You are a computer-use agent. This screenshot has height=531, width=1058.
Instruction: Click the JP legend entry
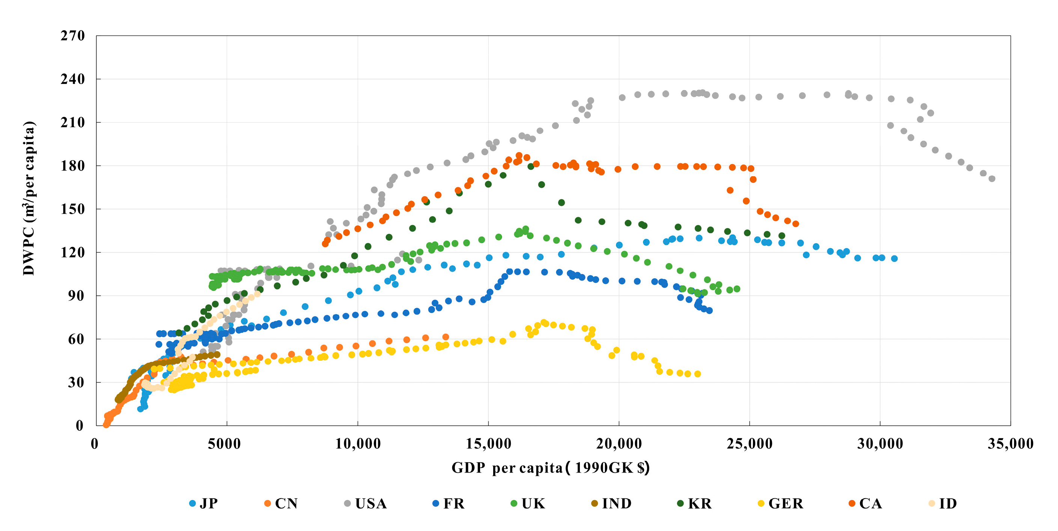[x=204, y=503]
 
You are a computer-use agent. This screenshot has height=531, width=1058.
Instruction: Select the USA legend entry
[x=365, y=503]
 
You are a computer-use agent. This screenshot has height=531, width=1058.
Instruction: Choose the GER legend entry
[x=780, y=503]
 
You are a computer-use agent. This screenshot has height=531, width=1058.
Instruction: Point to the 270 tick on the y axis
[x=73, y=36]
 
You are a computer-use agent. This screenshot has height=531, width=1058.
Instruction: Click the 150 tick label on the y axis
[x=73, y=209]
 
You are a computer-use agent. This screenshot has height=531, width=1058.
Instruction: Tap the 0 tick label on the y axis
[x=80, y=426]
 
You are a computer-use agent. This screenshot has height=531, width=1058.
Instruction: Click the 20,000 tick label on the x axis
[x=619, y=444]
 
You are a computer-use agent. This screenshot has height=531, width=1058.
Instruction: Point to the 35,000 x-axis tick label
[x=1010, y=444]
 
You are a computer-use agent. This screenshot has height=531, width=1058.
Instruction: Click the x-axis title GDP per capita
[x=550, y=468]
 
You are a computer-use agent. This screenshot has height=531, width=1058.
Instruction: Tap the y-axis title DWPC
[x=29, y=198]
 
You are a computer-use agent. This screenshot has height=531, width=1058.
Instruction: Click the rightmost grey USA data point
[x=992, y=178]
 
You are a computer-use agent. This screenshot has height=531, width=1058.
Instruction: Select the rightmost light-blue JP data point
[x=894, y=258]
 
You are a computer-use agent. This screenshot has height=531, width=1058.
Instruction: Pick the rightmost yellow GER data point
[x=697, y=374]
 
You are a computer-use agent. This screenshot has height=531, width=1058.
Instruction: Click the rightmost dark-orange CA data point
[x=796, y=223]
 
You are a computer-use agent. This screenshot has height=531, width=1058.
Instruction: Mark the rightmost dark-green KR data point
[x=782, y=235]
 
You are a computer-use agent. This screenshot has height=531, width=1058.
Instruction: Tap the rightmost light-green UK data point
[x=737, y=289]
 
